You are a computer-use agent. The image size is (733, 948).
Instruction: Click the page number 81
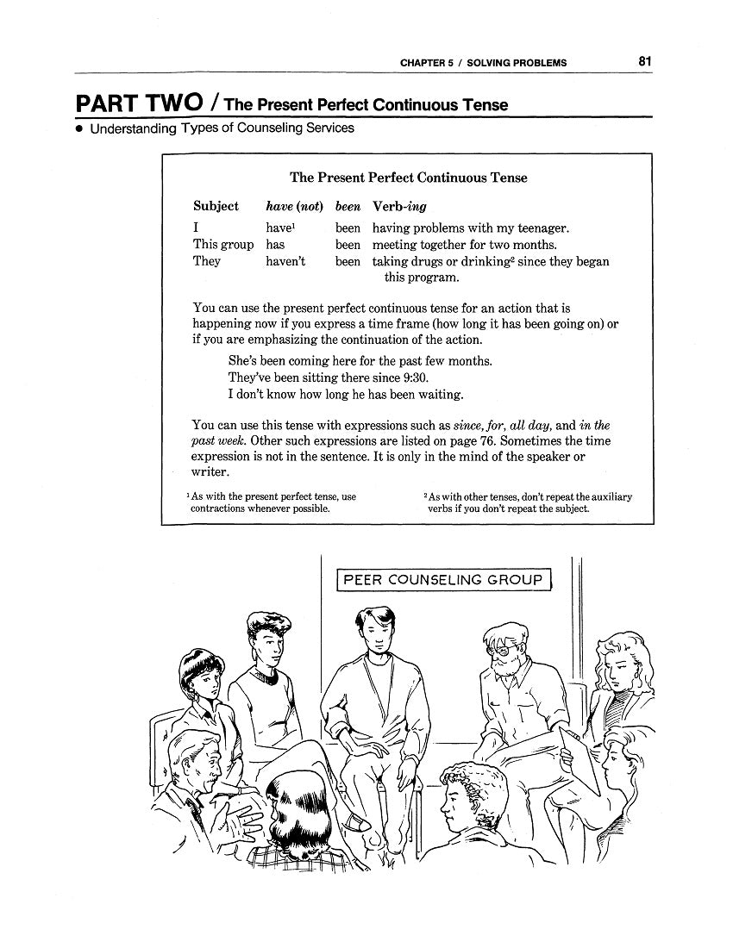(x=645, y=61)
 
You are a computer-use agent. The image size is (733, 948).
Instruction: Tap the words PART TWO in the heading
(x=138, y=104)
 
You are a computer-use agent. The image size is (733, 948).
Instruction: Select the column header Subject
(x=216, y=207)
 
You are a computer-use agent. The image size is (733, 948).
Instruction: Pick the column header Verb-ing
(x=399, y=207)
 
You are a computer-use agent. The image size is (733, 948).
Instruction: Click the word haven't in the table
(x=285, y=261)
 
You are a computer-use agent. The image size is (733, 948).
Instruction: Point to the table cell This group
(x=223, y=245)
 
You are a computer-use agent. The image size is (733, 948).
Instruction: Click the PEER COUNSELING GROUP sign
(x=443, y=580)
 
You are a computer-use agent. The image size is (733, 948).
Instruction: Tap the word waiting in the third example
(x=441, y=394)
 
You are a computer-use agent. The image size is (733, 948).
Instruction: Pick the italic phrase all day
(x=529, y=425)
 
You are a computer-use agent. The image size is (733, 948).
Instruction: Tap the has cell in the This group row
(x=275, y=245)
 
